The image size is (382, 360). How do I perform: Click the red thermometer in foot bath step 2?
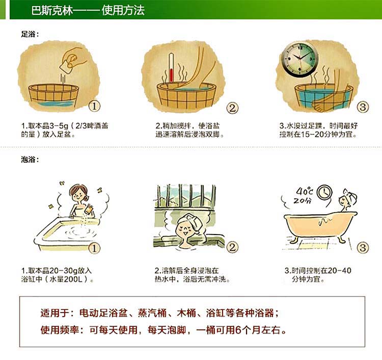[x=171, y=68]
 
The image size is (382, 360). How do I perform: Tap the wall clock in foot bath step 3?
[x=300, y=59]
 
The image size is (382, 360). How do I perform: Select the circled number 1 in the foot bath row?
[x=94, y=106]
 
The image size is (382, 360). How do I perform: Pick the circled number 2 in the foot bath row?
[x=232, y=108]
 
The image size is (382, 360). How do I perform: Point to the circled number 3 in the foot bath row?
[x=363, y=107]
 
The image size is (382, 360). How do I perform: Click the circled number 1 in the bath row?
[x=94, y=248]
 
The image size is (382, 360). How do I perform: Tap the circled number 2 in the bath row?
[x=232, y=247]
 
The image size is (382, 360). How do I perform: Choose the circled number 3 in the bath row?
[x=363, y=248]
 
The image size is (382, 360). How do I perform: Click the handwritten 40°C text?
[x=305, y=191]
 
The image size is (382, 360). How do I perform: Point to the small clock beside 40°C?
[x=324, y=192]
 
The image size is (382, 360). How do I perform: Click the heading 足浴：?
[x=30, y=34]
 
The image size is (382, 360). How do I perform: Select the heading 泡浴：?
[x=30, y=160]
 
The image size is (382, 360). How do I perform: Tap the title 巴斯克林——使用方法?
[x=88, y=10]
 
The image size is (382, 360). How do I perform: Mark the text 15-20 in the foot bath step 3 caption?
[x=308, y=134]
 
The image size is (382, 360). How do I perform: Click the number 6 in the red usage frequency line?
[x=238, y=330]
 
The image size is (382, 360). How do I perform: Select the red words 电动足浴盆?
[x=103, y=313]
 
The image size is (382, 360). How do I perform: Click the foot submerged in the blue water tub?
[x=325, y=104]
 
